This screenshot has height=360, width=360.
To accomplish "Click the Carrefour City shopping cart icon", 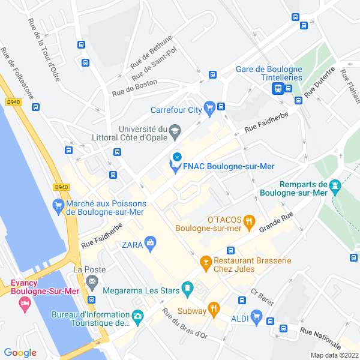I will tap(209, 109).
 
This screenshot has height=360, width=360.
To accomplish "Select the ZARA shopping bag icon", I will tap(149, 243).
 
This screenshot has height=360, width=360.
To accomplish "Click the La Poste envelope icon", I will tap(92, 281).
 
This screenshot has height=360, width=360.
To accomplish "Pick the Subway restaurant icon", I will tap(213, 310).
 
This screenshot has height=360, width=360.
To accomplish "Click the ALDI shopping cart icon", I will tap(257, 316).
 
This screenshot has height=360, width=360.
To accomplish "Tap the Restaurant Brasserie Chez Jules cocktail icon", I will tap(205, 262).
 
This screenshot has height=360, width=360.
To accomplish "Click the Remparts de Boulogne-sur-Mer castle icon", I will tap(335, 186).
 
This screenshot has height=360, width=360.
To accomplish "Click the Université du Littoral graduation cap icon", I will tap(175, 130).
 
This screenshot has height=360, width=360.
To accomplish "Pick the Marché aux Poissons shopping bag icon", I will tap(58, 207).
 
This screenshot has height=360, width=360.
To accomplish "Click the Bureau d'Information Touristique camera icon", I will tap(138, 316).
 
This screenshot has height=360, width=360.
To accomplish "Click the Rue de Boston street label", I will tap(134, 88).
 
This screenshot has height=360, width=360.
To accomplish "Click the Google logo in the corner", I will tap(20, 353).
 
